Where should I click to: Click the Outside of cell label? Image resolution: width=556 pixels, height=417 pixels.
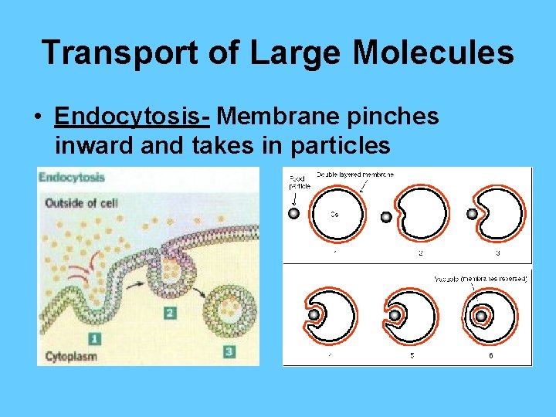tap(82, 203)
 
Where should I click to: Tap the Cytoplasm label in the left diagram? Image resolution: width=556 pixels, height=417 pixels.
tap(72, 357)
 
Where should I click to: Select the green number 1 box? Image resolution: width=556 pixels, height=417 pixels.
tap(94, 337)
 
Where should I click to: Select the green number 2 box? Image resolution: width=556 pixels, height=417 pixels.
tap(170, 312)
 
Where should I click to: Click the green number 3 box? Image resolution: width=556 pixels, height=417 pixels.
tap(229, 351)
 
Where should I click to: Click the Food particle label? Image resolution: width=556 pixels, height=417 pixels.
tap(297, 182)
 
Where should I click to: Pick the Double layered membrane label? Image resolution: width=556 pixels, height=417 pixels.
tap(354, 175)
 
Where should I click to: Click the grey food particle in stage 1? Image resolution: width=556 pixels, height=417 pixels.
tap(293, 213)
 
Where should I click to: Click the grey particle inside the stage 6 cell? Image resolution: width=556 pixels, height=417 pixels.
tap(480, 316)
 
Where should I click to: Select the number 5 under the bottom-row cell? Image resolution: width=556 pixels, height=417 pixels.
tap(412, 356)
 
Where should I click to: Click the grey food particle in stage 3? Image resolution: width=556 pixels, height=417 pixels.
tap(471, 214)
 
